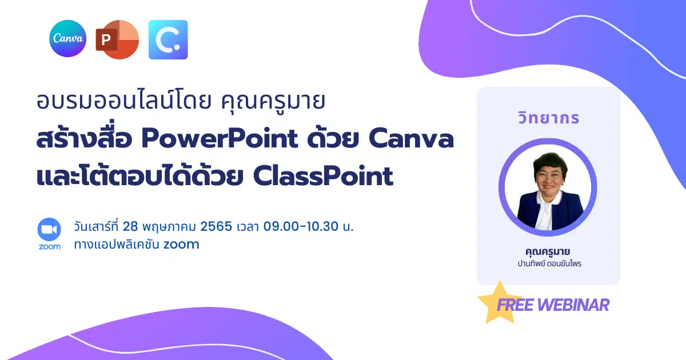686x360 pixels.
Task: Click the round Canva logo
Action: point(67,39)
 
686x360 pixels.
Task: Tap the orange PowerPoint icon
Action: point(117,39)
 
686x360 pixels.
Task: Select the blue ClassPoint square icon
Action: point(168,39)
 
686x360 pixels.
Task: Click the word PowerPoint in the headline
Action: point(220,139)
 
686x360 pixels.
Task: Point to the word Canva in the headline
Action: point(411,139)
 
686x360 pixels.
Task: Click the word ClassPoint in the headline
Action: point(323,177)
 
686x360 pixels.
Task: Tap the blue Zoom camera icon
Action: point(49,229)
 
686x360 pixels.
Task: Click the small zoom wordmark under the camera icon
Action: point(50,247)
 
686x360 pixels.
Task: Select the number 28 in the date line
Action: point(130,227)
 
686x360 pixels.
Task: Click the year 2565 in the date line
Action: point(216,227)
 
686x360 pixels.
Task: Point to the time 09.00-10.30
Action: point(301,227)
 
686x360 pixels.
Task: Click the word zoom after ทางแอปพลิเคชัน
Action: point(181,245)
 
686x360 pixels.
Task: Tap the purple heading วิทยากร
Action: point(549,117)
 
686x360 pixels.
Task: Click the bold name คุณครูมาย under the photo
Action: point(548,251)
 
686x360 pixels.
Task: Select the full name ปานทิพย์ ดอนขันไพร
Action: point(549,263)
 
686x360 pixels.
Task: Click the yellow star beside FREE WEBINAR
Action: point(500,302)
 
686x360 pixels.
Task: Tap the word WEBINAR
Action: point(573,305)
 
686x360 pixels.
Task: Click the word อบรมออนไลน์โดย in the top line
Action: point(124,101)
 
